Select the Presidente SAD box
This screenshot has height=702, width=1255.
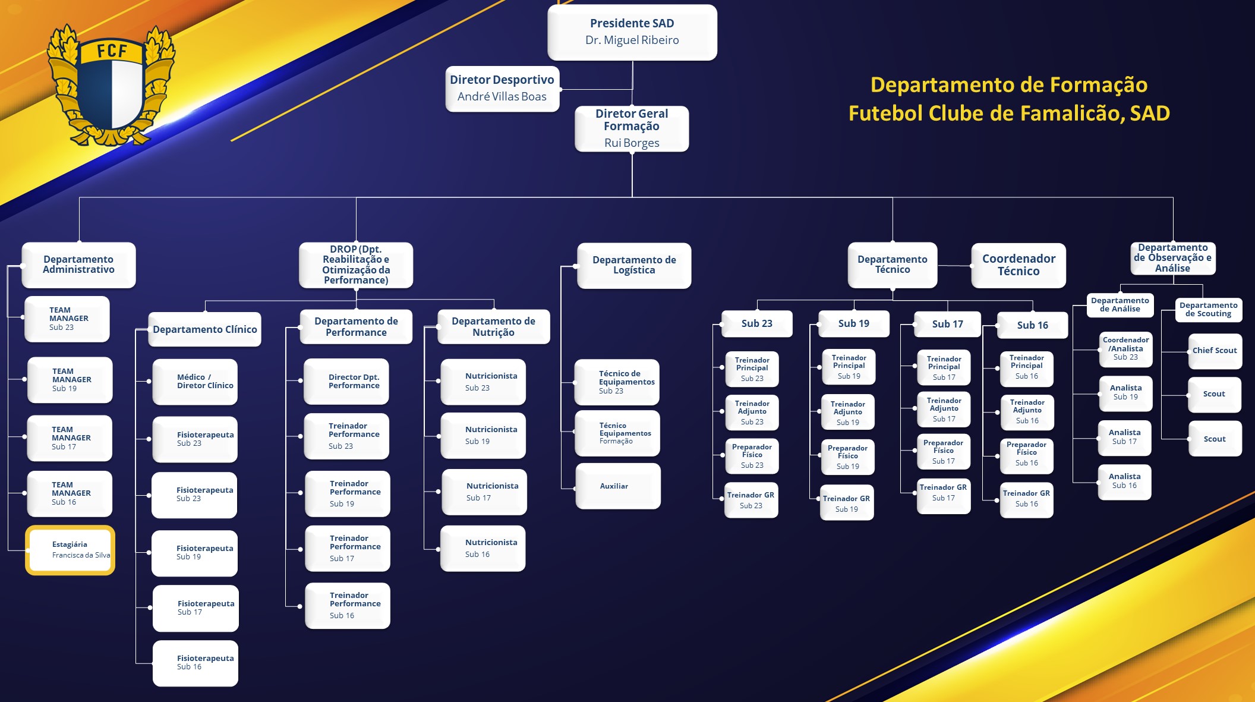point(632,32)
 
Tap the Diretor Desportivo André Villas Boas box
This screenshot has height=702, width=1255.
point(502,89)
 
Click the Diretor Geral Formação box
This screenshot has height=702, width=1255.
point(632,128)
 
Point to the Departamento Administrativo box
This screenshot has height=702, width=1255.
point(78,265)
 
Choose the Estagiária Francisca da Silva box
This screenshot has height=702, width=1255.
point(70,550)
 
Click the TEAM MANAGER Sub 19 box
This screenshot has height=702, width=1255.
point(70,380)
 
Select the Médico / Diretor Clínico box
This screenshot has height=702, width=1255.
point(195,382)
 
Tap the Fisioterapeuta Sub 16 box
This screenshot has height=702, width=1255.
point(195,663)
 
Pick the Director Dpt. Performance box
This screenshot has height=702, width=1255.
point(346,382)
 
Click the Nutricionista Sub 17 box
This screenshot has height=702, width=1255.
point(484,492)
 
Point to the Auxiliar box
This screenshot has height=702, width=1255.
point(618,486)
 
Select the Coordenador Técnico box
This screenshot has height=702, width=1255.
point(1018,265)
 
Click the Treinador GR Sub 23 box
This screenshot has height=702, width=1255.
point(751,500)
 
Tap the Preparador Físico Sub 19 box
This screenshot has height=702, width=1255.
point(847,457)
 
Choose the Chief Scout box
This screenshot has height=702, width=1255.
point(1215,351)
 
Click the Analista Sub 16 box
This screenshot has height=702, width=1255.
point(1124,481)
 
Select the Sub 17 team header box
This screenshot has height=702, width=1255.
point(947,325)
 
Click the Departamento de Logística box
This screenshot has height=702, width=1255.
point(634,265)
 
